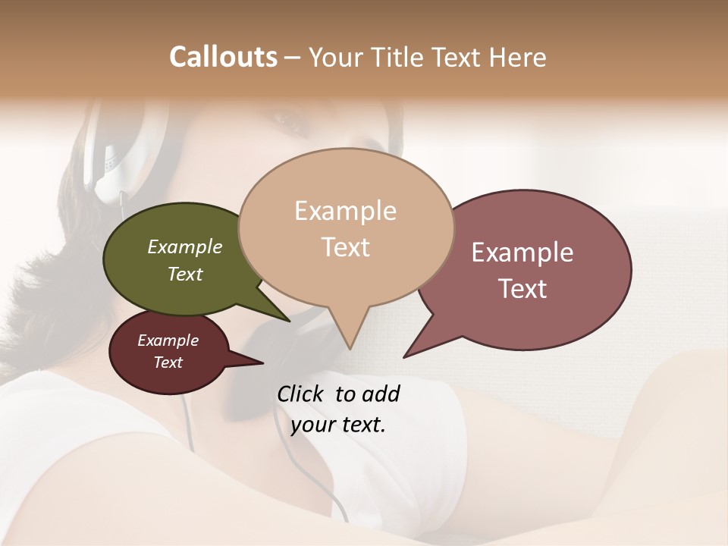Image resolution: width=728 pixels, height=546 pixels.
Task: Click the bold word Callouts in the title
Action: coord(223,57)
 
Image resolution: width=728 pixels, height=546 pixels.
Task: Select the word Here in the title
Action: coord(518,58)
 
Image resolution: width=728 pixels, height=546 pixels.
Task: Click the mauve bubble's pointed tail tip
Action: coord(405,356)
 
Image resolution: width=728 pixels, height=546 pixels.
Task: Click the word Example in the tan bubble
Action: coord(345,211)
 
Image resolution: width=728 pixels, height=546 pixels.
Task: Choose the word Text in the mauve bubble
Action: coord(522,289)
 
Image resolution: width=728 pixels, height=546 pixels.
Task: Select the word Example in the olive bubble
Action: coord(184,247)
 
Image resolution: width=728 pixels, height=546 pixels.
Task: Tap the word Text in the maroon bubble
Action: coord(168,362)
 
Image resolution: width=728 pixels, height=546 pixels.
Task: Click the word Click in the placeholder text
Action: coord(300,394)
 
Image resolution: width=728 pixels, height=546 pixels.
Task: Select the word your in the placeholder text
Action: coord(313,425)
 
